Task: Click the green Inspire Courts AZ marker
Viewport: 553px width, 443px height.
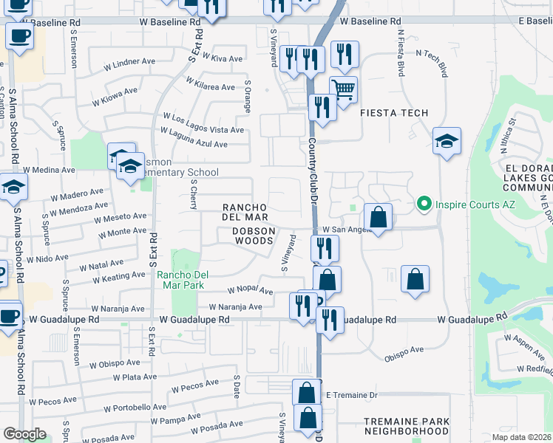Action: [424, 202]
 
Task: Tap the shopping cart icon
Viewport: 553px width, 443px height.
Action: [343, 90]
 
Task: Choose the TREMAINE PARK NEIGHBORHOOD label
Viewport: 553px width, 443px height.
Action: [407, 426]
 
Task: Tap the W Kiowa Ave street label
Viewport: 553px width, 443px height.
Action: [115, 96]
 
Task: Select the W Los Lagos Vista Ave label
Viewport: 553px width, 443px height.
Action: [203, 124]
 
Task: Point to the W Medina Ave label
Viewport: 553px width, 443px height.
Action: [49, 169]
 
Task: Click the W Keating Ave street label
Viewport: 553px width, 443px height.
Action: [119, 278]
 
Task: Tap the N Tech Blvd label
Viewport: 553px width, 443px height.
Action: [432, 63]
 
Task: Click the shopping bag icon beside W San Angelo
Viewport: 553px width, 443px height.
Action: [378, 219]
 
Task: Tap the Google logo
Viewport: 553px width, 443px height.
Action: [24, 434]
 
